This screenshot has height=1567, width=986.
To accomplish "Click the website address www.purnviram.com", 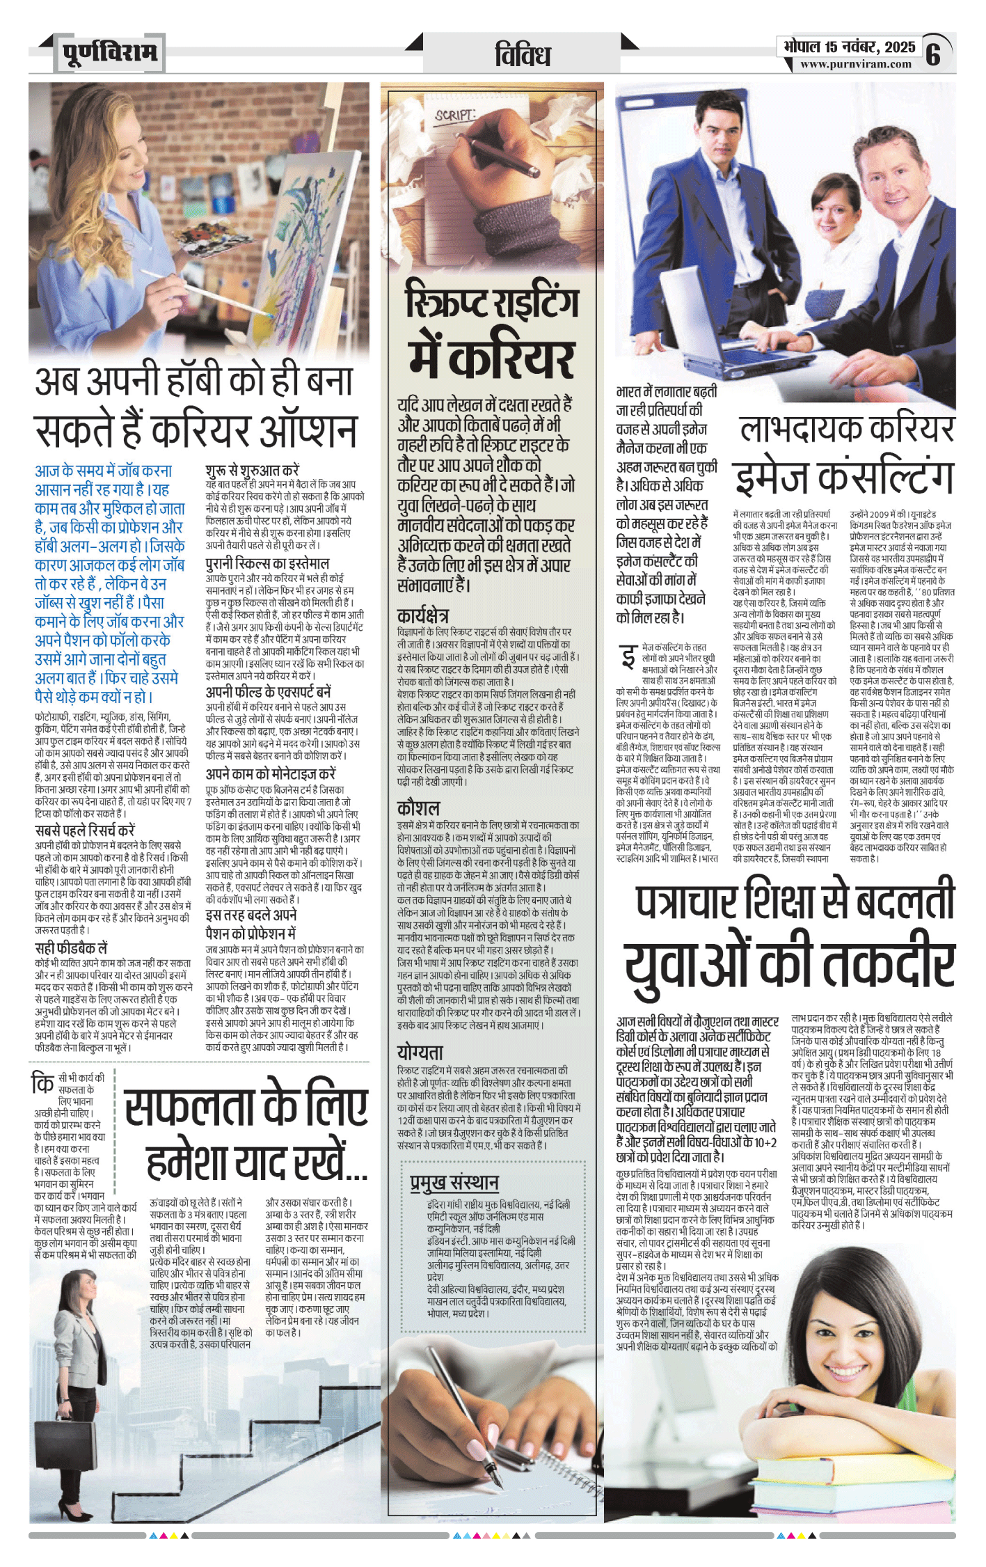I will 855,64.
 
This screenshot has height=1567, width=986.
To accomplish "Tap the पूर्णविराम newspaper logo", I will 110,52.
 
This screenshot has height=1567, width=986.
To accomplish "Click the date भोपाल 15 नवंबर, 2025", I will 849,47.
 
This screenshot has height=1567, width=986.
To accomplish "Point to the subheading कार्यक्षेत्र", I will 422,615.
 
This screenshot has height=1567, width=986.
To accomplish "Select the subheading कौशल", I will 418,808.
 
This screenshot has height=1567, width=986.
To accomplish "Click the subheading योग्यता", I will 420,1052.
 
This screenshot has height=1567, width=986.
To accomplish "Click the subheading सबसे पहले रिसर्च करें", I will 85,830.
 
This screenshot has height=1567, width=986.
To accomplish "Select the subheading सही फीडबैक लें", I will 71,948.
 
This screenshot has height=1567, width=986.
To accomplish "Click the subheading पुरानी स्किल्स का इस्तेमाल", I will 267,563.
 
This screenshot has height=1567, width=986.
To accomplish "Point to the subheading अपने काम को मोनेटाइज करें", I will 271,774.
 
